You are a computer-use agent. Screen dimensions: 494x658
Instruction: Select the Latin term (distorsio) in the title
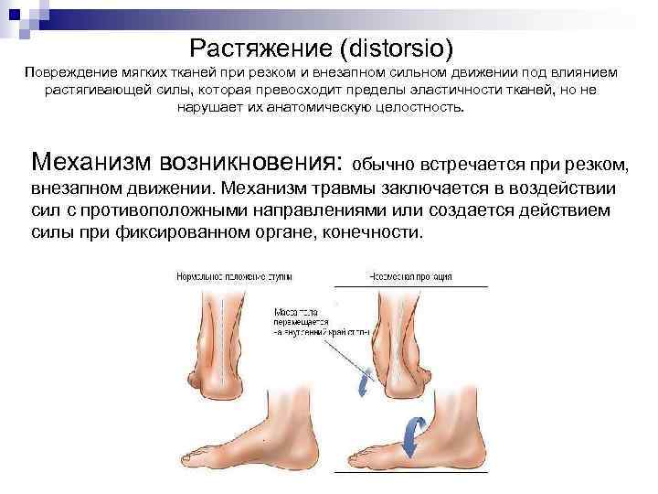point(384,45)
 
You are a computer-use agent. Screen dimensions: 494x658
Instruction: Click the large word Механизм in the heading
point(91,164)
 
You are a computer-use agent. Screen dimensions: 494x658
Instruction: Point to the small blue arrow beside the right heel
point(365,381)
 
